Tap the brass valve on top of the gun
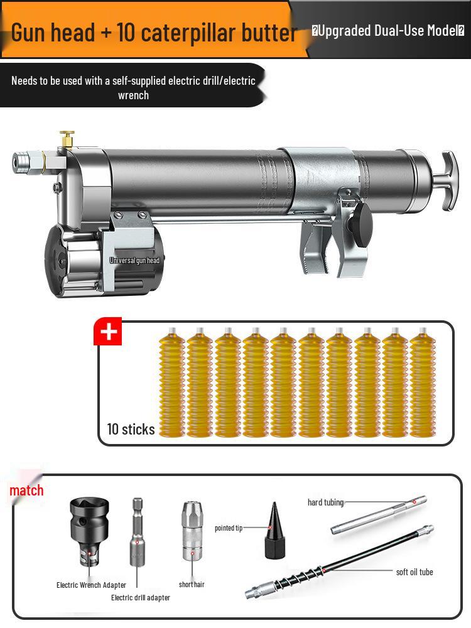(x=67, y=139)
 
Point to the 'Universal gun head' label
(x=134, y=260)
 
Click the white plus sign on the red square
(x=108, y=332)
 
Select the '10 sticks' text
(x=131, y=430)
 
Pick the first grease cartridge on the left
(x=172, y=383)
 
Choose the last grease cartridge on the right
(x=423, y=383)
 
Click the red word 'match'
(x=26, y=490)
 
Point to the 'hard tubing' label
(x=325, y=502)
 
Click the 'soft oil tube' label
(x=414, y=572)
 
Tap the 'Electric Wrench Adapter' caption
(x=91, y=585)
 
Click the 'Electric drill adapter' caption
(x=141, y=598)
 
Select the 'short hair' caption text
(x=192, y=585)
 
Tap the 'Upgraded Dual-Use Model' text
(x=388, y=31)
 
